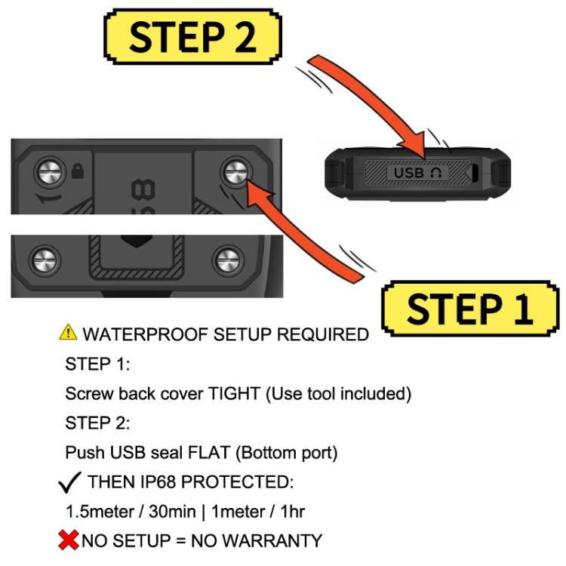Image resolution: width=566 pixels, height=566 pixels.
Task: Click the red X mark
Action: [71, 540]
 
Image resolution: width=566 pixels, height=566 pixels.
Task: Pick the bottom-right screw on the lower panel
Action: [226, 261]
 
